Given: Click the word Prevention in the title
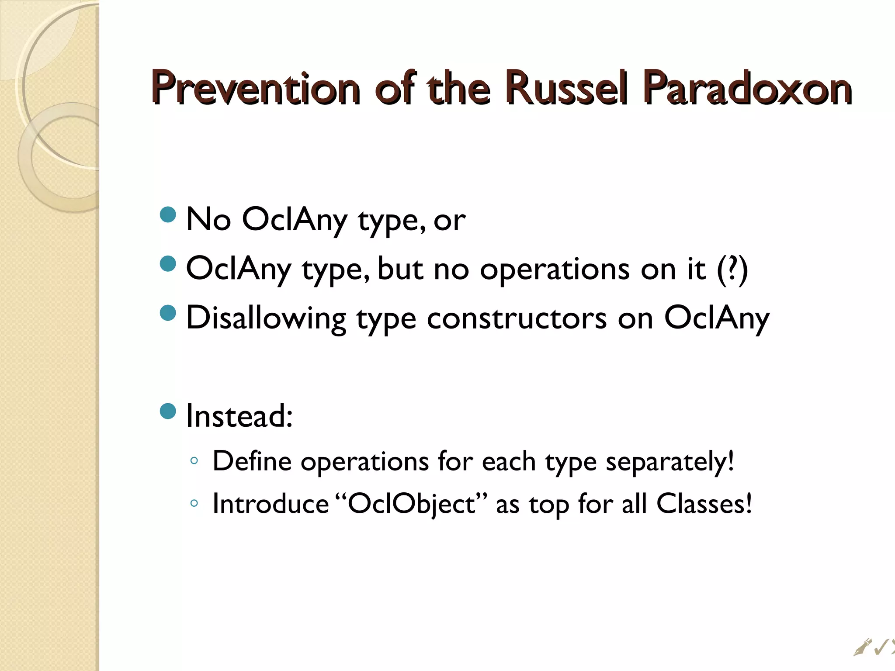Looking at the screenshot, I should coord(256,89).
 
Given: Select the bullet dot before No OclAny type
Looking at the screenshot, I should coord(168,214).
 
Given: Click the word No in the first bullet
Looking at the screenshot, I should coord(208,219).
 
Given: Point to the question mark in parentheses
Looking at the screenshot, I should coord(733,269).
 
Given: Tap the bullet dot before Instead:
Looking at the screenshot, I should coord(168,411).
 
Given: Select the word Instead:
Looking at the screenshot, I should coord(239,416).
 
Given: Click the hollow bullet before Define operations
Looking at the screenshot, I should coord(194,460).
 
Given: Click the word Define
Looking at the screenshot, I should coord(252,461).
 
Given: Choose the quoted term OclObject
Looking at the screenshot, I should coord(411,504).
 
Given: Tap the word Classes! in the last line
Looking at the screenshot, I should coord(704,504).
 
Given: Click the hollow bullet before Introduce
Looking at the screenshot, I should coord(194,503).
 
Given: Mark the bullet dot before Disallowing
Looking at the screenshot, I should coord(168,313).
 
